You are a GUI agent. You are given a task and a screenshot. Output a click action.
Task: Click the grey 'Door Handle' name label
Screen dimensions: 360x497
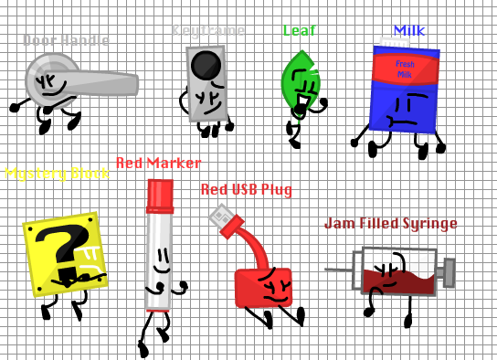coord(66,40)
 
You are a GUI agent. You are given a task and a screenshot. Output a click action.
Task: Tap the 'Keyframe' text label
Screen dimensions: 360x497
coord(208,30)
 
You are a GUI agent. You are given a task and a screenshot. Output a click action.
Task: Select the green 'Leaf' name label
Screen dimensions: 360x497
coord(299,30)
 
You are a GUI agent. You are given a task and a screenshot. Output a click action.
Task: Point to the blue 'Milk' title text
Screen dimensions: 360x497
coord(408,30)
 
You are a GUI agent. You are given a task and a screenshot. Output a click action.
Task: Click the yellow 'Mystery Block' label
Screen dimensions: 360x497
coord(56,174)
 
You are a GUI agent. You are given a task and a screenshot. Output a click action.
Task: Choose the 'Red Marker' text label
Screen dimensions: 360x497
coord(158,163)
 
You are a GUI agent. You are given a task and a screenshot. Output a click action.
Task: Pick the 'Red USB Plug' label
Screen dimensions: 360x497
coord(246,189)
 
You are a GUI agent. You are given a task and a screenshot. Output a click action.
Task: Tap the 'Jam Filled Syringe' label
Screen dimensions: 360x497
coord(390,223)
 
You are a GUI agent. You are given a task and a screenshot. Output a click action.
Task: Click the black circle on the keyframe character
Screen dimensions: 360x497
coord(206,66)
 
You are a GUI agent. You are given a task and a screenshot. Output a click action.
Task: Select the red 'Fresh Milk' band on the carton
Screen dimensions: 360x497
coord(404,69)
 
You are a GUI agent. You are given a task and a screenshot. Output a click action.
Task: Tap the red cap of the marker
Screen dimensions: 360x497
coord(160,194)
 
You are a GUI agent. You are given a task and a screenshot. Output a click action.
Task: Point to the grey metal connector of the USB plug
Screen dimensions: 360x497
coord(221,217)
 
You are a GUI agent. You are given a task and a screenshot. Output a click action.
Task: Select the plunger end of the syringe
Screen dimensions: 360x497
coord(449,270)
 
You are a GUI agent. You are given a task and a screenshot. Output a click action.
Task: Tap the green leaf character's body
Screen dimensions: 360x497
coord(300,83)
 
